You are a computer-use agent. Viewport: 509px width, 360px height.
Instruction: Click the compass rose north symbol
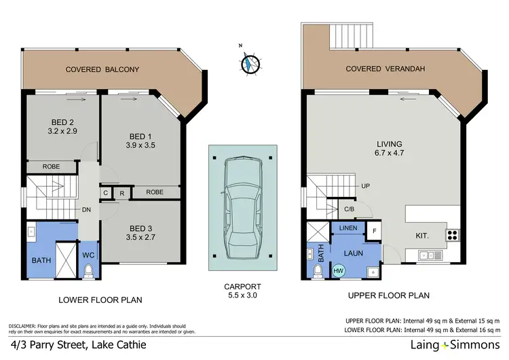(250, 62)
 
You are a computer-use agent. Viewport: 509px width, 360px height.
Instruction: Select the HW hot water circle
(338, 270)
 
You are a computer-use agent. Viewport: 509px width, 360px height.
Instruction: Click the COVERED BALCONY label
(102, 69)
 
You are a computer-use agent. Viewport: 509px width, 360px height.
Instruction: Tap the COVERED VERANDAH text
(382, 69)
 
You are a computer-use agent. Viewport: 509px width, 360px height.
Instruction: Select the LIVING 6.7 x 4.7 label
(390, 149)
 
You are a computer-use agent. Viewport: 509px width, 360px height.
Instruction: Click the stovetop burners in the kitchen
(452, 236)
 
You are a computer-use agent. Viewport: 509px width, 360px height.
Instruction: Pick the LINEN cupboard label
(349, 229)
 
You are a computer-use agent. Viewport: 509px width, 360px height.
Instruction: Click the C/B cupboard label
(350, 209)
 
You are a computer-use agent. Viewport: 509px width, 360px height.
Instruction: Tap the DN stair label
(87, 210)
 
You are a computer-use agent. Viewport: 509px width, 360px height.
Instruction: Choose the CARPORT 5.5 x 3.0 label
(242, 291)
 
